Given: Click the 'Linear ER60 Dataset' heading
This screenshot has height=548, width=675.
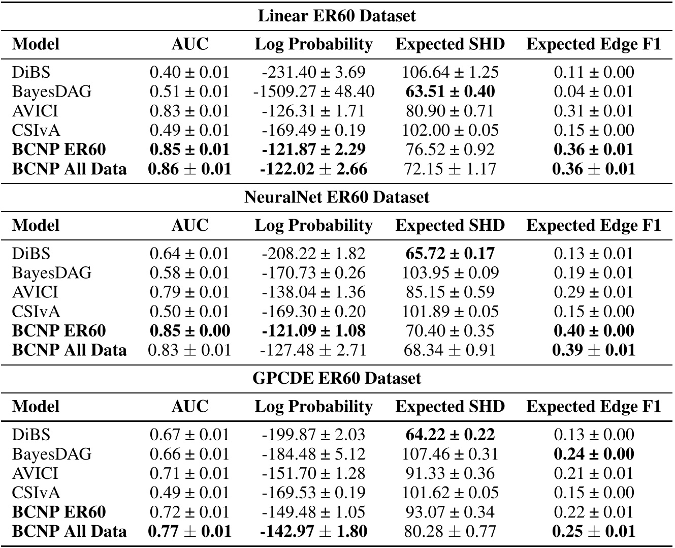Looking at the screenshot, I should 337,16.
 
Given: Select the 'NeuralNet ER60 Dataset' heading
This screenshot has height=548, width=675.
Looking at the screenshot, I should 337,197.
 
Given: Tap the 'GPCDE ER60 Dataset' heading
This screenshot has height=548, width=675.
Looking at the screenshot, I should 337,378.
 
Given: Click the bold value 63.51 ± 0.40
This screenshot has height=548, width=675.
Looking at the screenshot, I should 450,92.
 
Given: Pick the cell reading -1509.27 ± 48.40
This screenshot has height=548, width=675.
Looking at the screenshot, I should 314,92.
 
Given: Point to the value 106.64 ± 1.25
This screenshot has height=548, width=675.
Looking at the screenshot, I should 450,72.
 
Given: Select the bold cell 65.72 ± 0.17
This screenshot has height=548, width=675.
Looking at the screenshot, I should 450,253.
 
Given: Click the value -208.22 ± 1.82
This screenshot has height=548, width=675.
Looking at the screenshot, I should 314,253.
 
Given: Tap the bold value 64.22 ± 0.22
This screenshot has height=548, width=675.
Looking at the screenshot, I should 450,435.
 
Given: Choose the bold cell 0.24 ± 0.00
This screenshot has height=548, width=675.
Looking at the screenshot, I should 594,454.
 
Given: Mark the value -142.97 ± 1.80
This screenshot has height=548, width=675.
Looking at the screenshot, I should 314,532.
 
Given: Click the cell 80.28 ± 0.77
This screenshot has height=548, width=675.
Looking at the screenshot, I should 450,532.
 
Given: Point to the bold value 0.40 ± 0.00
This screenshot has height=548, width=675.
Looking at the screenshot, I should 594,331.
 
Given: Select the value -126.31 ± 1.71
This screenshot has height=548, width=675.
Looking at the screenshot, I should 314,111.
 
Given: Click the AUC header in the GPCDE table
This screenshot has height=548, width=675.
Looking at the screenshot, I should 189,406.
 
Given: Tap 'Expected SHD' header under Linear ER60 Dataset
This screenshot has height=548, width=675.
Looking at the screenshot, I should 450,44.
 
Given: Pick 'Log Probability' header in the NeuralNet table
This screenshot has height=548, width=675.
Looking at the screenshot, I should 314,225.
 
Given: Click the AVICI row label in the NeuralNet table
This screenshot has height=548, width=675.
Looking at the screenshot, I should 35,292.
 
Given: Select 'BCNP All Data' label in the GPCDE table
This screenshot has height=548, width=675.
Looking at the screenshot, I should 69,532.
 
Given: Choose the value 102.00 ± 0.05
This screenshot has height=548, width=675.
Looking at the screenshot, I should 450,130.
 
